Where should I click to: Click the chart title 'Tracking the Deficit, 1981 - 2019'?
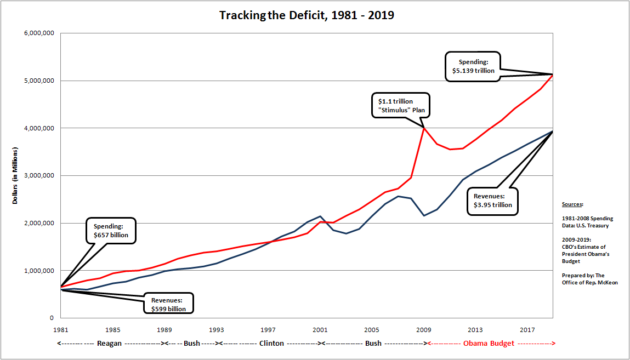click(x=307, y=15)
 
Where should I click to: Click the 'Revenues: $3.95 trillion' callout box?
click(x=493, y=201)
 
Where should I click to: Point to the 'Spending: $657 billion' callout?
click(x=111, y=231)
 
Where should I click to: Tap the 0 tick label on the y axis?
click(x=50, y=318)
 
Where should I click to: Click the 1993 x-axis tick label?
click(x=216, y=330)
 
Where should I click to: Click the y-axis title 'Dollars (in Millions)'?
click(x=15, y=175)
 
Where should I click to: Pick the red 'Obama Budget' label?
click(x=489, y=344)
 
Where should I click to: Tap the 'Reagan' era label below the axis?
click(x=109, y=344)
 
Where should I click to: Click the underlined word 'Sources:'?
click(x=573, y=204)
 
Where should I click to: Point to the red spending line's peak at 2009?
click(x=424, y=128)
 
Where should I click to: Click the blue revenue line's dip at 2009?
click(x=424, y=215)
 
